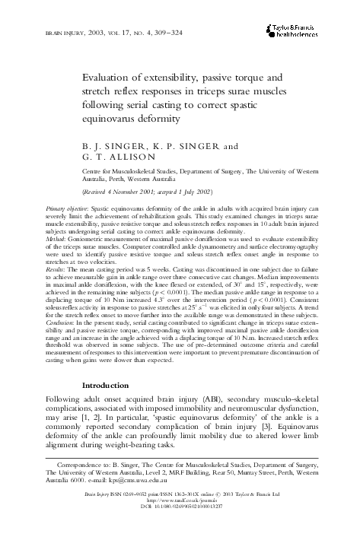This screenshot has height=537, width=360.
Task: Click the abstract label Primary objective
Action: coord(66,208)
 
